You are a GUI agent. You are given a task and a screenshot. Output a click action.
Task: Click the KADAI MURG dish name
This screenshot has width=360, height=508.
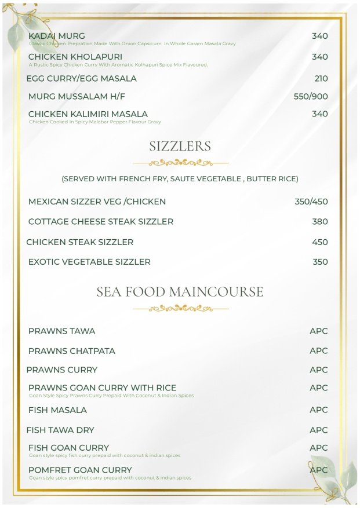click(56, 36)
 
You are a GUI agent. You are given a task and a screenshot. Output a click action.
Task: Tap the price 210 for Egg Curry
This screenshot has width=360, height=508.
click(321, 78)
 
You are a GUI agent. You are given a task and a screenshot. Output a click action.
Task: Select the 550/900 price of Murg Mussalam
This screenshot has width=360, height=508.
click(311, 96)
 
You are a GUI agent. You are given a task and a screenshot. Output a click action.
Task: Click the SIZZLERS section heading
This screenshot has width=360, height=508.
click(180, 147)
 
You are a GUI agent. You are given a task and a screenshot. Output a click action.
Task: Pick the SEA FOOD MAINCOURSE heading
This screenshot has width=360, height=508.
click(180, 292)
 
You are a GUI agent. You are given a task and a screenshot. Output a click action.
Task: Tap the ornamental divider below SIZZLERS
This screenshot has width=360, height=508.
click(180, 163)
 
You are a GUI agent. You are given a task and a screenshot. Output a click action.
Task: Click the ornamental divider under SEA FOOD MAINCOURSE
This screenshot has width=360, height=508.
click(180, 309)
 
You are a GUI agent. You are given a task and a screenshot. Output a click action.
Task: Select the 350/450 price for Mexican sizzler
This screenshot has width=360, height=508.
click(311, 202)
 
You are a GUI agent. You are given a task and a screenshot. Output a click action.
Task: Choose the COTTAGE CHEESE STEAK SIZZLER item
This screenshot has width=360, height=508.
click(100, 221)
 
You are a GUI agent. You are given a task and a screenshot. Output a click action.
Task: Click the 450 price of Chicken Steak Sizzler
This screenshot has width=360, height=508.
click(320, 242)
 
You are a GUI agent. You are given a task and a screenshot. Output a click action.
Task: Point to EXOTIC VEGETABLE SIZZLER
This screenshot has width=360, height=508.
click(89, 262)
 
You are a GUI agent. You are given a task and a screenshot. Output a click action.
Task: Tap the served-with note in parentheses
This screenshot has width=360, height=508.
click(180, 179)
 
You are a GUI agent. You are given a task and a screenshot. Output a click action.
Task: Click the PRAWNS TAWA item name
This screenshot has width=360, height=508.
click(61, 331)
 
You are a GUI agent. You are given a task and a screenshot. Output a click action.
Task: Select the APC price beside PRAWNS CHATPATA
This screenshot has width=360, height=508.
click(318, 350)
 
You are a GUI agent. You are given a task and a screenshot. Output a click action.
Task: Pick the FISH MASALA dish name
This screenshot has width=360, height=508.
click(57, 410)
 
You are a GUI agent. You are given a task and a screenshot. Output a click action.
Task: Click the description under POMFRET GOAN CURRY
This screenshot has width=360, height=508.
click(110, 478)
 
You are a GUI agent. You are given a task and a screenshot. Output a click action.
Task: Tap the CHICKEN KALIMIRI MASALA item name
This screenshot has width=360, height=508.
click(88, 114)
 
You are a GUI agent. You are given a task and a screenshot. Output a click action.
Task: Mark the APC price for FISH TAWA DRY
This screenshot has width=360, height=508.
click(318, 430)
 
